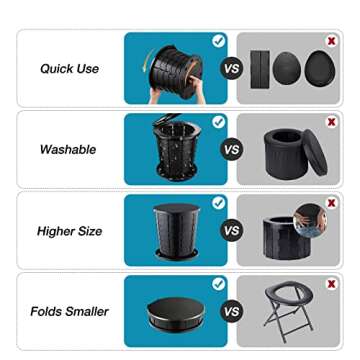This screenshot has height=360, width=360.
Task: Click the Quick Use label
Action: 69,69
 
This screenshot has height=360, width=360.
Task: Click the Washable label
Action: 68,149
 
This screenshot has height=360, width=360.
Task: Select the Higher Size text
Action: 69,231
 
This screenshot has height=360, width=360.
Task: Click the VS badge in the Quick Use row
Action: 231,69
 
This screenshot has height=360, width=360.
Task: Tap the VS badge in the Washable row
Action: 231,150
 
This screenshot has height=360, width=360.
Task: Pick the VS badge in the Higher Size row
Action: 231,231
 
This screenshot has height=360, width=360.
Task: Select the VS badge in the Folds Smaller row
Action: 231,311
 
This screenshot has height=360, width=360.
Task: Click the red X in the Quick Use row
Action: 331,40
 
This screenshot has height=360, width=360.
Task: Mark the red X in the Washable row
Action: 331,121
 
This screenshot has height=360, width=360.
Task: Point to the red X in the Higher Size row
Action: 331,203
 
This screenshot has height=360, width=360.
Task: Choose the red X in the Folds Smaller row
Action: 331,284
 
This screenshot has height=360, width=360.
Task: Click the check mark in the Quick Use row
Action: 219,40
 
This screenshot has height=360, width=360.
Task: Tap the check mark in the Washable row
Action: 219,121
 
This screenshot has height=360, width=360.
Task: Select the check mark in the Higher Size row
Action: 219,203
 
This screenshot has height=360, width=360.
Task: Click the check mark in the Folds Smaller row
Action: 219,284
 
